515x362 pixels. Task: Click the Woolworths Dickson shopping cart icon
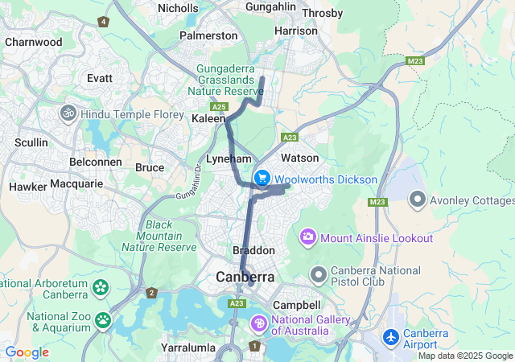[262, 178]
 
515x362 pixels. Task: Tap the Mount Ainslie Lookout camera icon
[308, 237]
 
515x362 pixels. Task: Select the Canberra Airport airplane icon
[392, 335]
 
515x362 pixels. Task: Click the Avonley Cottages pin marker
[418, 197]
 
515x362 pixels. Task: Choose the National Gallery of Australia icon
[259, 323]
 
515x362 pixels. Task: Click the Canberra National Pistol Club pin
[319, 276]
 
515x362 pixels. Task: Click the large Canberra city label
[245, 277]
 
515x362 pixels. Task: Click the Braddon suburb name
[253, 250]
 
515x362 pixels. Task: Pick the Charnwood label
[33, 42]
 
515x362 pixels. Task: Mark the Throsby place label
[322, 13]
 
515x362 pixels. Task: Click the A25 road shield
[218, 105]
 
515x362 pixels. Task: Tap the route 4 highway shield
[103, 22]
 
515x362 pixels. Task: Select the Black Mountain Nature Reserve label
[170, 236]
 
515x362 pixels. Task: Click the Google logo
[27, 352]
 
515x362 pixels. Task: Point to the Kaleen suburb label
[208, 118]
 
